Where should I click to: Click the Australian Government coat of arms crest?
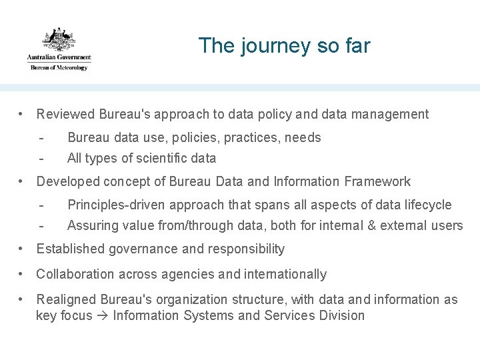59,39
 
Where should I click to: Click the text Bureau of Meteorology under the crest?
59,67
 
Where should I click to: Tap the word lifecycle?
427,205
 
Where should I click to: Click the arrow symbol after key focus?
103,315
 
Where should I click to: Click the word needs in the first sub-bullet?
303,137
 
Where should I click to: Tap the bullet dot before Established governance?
23,249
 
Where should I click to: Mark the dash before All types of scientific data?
41,158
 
